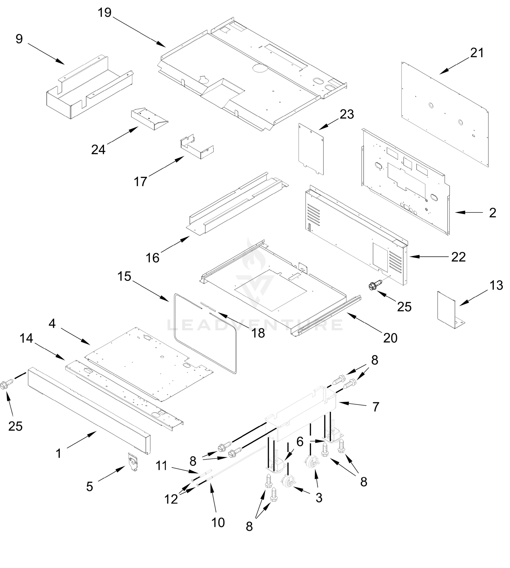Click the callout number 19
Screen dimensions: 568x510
[x=104, y=13]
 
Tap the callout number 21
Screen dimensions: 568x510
[x=477, y=53]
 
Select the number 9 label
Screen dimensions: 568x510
[x=19, y=39]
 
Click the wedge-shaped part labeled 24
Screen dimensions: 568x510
[x=149, y=119]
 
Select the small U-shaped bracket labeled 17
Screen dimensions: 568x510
[x=196, y=148]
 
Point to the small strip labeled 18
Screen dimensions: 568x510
[x=208, y=307]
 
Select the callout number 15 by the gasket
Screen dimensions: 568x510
[x=124, y=276]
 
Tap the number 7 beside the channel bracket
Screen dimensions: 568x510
[x=376, y=407]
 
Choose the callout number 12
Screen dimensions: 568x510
[x=171, y=499]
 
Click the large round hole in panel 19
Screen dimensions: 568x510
[x=259, y=67]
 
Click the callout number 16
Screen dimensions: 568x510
[x=152, y=258]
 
